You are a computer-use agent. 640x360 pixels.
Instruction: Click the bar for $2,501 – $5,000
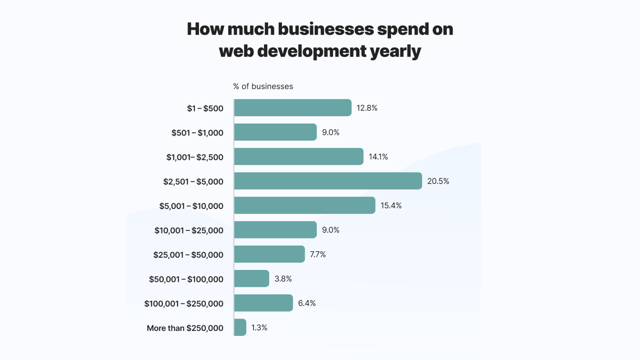point(328,181)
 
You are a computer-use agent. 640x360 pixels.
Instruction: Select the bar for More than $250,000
point(240,327)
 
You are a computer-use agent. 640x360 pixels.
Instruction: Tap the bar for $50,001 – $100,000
point(252,279)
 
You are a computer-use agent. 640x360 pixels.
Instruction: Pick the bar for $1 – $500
point(293,108)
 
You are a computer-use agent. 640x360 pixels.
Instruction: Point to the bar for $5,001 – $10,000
point(305,205)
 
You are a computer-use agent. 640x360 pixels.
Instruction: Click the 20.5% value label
point(438,181)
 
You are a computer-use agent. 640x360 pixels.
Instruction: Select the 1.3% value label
point(259,328)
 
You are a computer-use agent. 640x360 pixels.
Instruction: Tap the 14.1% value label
point(378,157)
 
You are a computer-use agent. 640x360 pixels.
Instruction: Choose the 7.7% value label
point(318,254)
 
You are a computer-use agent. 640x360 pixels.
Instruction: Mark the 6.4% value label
point(307,303)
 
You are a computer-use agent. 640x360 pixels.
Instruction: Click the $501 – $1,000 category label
point(197,133)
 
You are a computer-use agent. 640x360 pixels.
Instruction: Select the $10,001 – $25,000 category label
point(189,230)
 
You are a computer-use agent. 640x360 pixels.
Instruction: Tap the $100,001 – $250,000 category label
point(184,304)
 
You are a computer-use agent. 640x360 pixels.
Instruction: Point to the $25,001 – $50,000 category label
point(188,255)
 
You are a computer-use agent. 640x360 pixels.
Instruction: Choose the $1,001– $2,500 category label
point(195,157)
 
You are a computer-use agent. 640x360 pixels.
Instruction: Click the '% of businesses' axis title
point(263,86)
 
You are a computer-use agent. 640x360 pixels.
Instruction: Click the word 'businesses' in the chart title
point(326,29)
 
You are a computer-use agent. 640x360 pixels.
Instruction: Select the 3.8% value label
point(283,279)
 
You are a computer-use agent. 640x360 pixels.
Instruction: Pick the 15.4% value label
point(391,206)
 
